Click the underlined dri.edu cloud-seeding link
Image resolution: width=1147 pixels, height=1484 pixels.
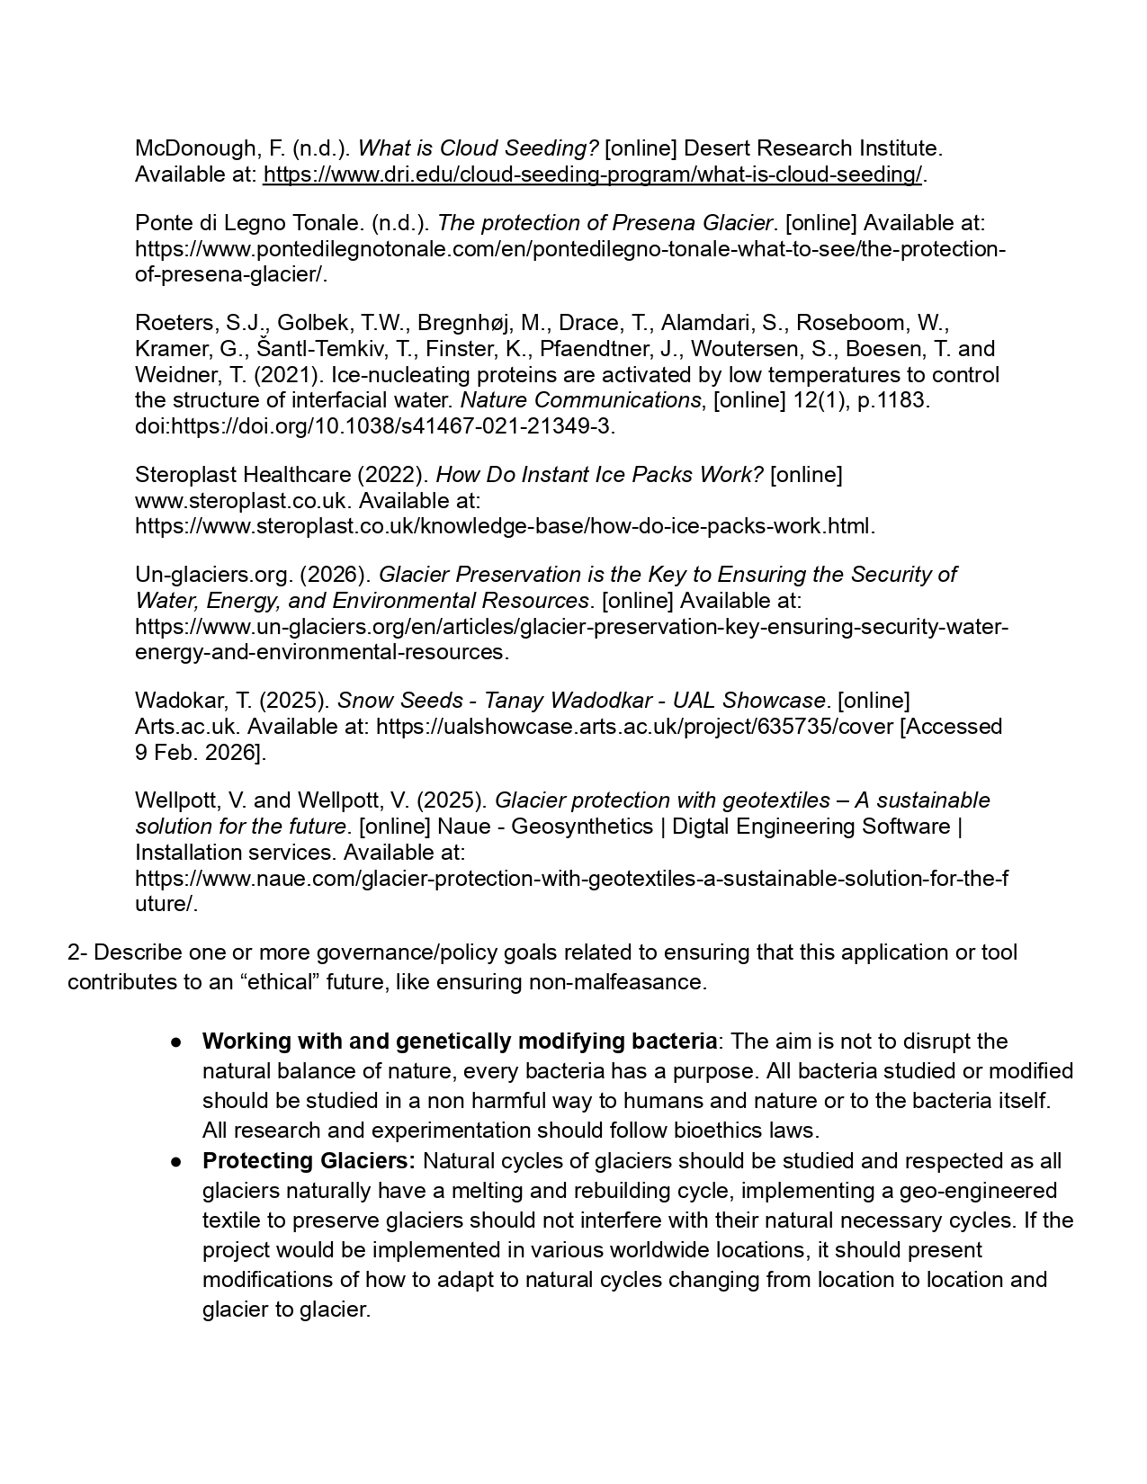[x=593, y=174]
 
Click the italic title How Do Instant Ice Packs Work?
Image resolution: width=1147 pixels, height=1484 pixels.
[x=599, y=475]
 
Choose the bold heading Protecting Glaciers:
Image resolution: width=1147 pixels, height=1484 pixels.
[x=309, y=1161]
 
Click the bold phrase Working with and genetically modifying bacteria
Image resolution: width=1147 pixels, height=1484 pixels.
[x=460, y=1041]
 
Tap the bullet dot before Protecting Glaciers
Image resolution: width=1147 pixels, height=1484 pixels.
[x=177, y=1162]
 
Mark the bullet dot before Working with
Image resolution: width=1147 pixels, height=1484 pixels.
[x=177, y=1042]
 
